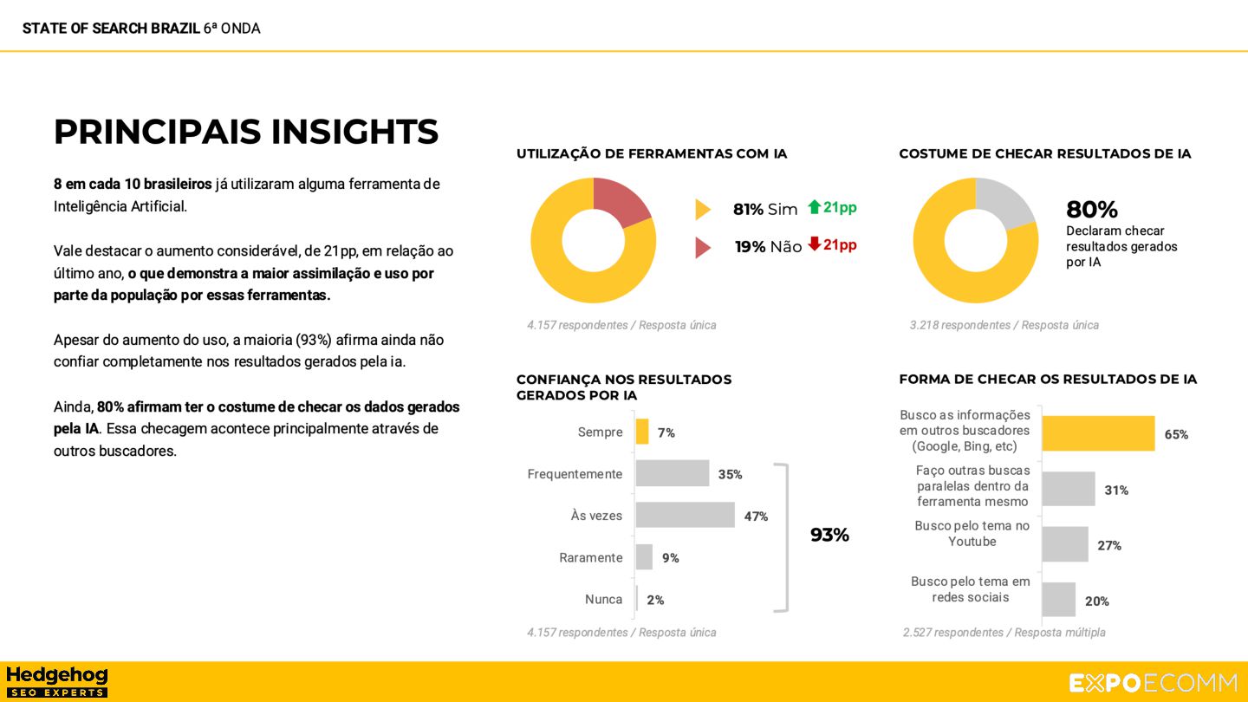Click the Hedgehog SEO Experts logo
point(56,682)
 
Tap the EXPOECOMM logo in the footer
point(1153,683)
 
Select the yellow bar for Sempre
point(642,432)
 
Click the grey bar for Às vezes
point(685,516)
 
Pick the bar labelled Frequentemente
point(672,473)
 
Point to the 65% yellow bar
point(1098,433)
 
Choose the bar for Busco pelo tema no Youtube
point(1064,544)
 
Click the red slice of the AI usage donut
point(620,201)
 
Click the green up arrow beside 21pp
point(814,207)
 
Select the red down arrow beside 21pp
point(814,244)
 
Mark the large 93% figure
point(829,535)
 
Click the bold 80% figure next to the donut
point(1092,210)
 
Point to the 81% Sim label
point(764,209)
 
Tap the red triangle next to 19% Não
point(702,248)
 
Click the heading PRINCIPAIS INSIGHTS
point(246,132)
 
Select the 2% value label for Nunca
point(655,600)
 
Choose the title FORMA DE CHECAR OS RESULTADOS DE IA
point(1048,380)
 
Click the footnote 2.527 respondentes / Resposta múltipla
point(1004,633)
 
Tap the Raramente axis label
point(590,557)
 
